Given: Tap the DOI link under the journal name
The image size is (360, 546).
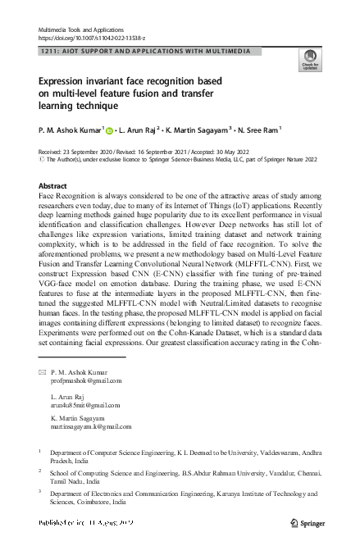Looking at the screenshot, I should point(93,38).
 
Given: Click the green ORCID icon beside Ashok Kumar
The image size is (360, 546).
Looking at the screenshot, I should point(109,130).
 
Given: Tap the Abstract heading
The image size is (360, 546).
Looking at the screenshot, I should point(53,186).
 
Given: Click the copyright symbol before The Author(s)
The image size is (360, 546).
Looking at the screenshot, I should point(43,160).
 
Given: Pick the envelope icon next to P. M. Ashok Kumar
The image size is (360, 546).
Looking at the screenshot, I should point(43,373).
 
